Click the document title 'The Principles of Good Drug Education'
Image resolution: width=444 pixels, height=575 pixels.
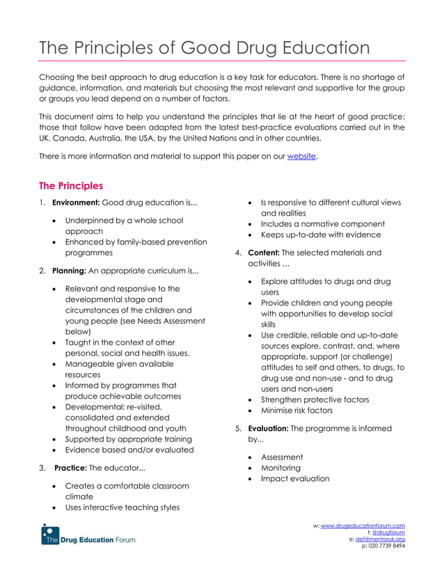pos(204,48)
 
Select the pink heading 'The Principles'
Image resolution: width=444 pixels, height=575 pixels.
pos(70,186)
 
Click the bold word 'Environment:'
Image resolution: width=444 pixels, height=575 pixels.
pos(76,203)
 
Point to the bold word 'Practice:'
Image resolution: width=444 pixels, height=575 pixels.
pos(69,468)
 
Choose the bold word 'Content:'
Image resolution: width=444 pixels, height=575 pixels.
pos(264,253)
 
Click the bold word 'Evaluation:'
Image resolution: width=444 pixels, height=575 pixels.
pos(268,429)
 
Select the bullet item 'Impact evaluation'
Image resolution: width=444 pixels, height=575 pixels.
pos(295,479)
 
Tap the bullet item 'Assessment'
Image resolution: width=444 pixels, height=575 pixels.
pos(282,457)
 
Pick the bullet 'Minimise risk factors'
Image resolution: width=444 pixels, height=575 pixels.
pos(296,411)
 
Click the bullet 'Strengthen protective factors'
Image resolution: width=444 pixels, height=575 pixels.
pos(315,400)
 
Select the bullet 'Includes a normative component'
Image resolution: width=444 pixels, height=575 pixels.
pos(322,224)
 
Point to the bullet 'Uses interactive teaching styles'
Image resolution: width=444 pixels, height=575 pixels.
pos(122,507)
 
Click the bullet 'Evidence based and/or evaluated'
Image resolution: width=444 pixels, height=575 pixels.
pos(129,450)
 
